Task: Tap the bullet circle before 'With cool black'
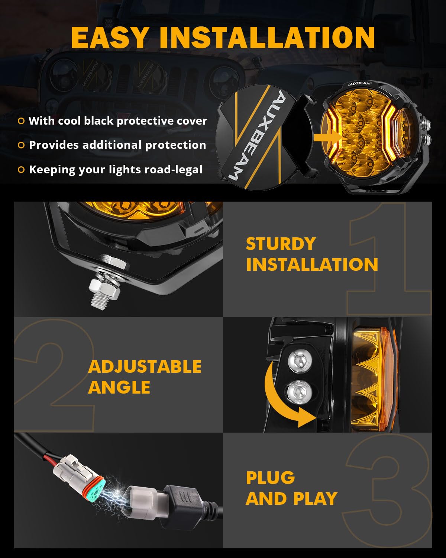pos(21,121)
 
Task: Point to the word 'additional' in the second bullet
pos(113,145)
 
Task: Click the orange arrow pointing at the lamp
pos(327,138)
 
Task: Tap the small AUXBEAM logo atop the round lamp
pos(359,84)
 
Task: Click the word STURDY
pos(281,244)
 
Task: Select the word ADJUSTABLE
pos(145,367)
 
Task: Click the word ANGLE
pos(119,387)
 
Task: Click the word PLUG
pos(270,478)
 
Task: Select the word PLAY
pos(315,499)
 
